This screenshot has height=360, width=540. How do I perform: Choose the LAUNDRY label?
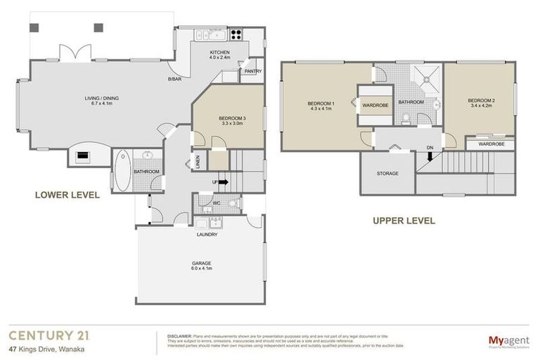point(207,234)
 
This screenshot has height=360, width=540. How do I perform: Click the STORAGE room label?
point(387,173)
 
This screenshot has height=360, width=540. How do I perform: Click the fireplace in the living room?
point(83,156)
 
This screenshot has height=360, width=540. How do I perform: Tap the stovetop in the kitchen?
point(235,34)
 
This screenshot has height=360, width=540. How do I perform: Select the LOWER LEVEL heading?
point(67,195)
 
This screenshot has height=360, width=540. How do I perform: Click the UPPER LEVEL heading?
point(403,220)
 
